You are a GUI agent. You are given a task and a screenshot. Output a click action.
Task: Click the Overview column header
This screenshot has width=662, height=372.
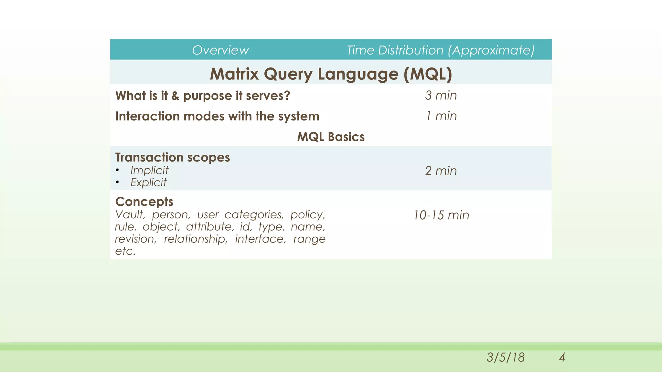(x=220, y=50)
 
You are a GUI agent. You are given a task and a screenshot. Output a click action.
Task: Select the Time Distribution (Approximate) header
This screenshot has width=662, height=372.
(x=441, y=50)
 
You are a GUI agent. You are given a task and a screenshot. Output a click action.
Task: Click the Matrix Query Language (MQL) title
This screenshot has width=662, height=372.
(x=331, y=74)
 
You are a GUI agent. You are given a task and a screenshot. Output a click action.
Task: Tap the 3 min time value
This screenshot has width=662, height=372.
(x=441, y=95)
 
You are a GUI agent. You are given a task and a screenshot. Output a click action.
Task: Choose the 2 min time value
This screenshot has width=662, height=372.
(x=441, y=171)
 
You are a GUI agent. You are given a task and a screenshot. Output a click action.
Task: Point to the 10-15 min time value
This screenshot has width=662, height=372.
(x=441, y=215)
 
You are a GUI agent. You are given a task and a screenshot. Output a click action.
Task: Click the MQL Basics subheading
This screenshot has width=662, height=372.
(x=331, y=137)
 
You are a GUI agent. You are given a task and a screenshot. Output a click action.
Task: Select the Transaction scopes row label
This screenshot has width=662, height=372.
(x=173, y=157)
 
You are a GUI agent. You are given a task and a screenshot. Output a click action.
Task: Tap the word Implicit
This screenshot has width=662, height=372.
(x=149, y=170)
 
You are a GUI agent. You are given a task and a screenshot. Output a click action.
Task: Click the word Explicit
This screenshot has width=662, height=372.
(x=148, y=182)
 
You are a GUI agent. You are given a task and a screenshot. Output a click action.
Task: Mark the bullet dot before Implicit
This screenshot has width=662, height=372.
(x=117, y=170)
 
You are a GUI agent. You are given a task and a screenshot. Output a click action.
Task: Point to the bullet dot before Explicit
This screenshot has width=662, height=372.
(x=117, y=183)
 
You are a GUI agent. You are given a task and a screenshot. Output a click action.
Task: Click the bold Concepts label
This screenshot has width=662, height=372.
(x=144, y=201)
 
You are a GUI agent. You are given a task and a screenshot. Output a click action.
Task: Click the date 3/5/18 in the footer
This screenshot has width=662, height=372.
(x=506, y=357)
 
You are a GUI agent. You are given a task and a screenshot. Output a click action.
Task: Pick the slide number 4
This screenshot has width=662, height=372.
(x=562, y=357)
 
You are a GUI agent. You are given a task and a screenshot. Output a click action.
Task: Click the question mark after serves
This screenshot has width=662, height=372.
(x=287, y=96)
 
